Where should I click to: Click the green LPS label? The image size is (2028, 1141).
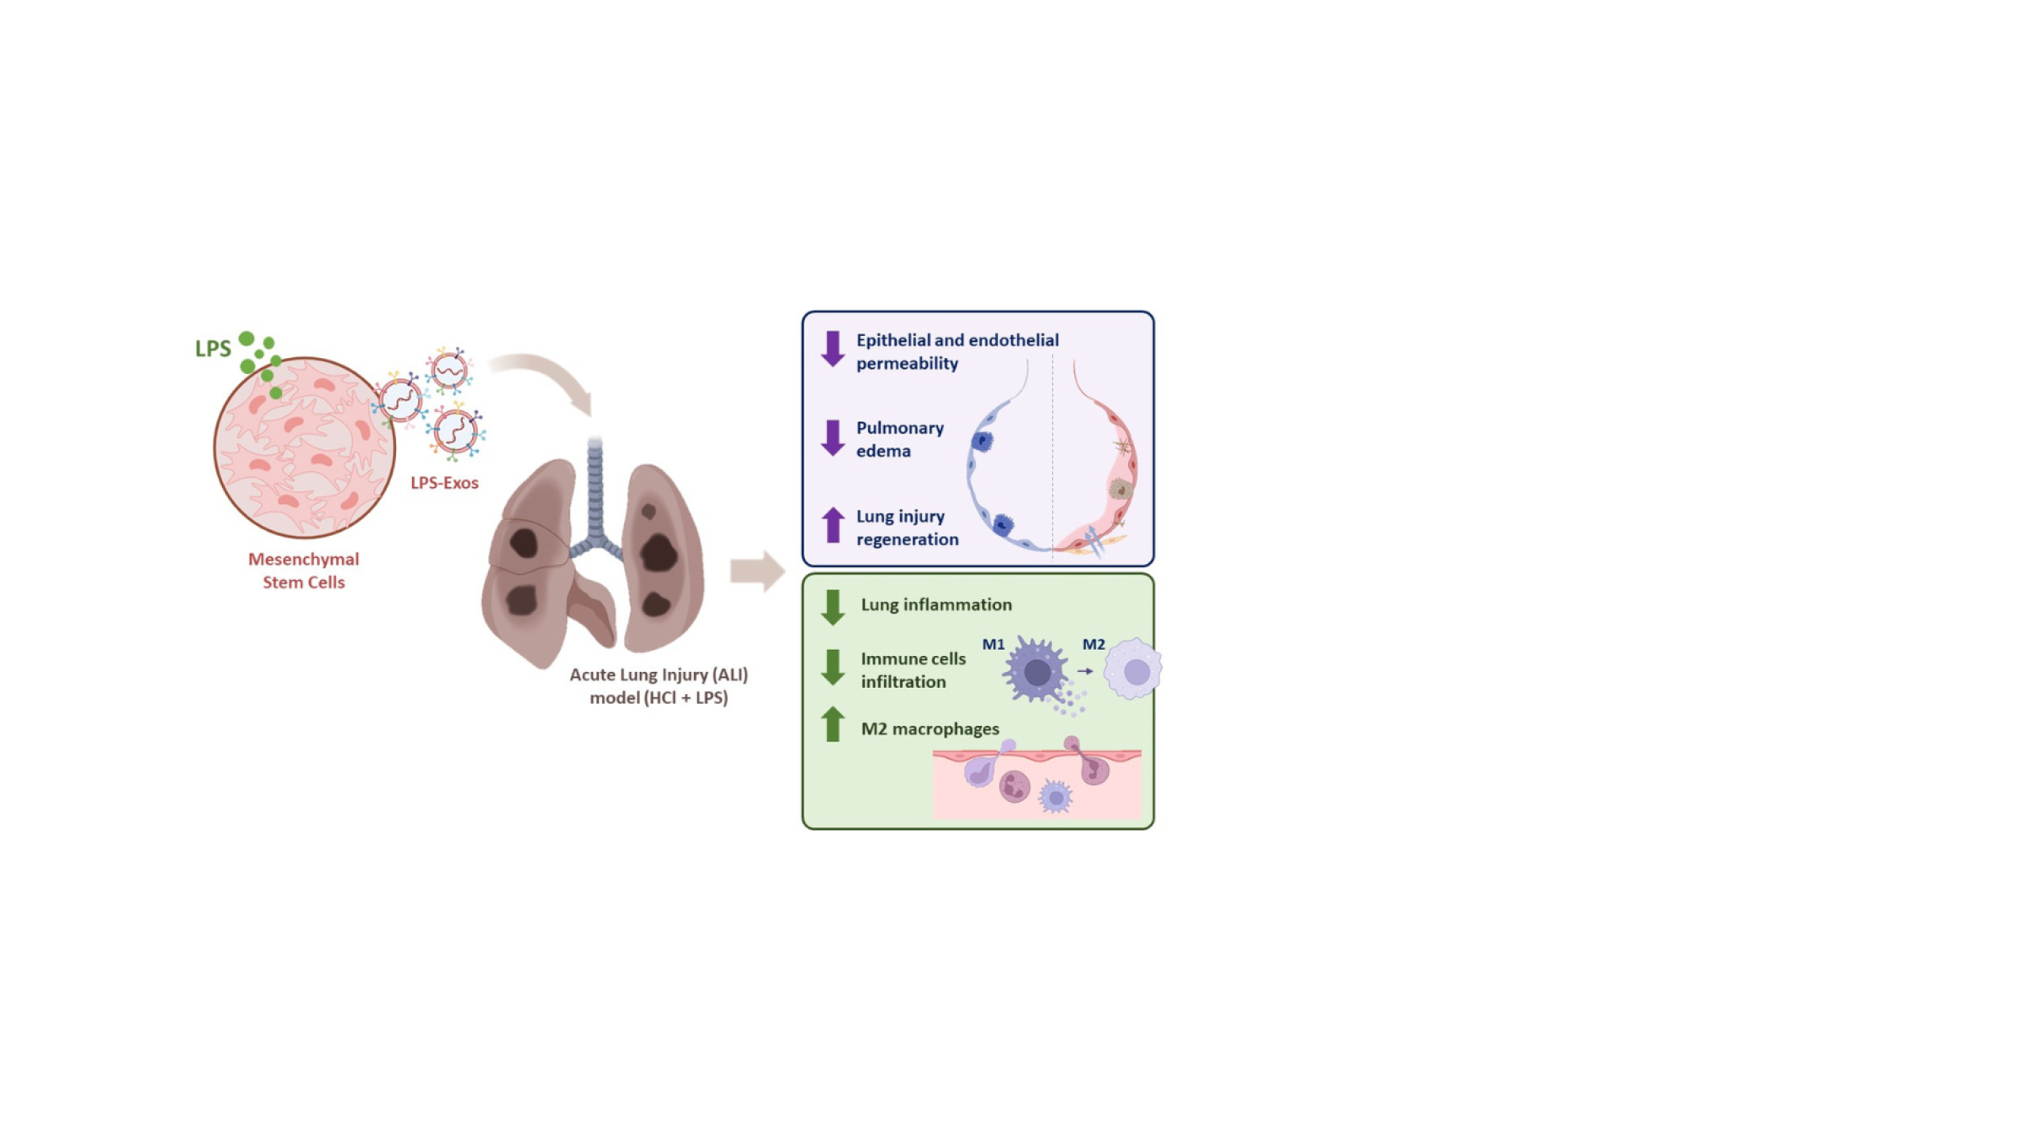pyautogui.click(x=213, y=349)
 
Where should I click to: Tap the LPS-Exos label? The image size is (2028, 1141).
pyautogui.click(x=444, y=483)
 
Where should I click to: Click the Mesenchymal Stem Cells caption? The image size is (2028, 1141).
pyautogui.click(x=303, y=570)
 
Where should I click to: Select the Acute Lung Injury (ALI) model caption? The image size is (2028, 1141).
pyautogui.click(x=658, y=686)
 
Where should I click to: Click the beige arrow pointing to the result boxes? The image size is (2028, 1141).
pyautogui.click(x=757, y=570)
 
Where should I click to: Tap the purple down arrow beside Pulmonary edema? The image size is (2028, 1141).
pyautogui.click(x=833, y=438)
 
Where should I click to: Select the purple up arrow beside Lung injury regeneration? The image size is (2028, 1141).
pyautogui.click(x=833, y=525)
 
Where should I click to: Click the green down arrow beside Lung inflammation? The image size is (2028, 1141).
pyautogui.click(x=833, y=608)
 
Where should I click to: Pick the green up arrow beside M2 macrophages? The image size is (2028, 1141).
pyautogui.click(x=833, y=724)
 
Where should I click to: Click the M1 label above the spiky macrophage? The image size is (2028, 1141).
pyautogui.click(x=993, y=644)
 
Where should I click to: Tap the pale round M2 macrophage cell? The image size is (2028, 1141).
pyautogui.click(x=1133, y=669)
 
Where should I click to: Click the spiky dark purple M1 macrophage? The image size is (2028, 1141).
pyautogui.click(x=1036, y=671)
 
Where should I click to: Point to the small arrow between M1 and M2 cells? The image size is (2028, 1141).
pyautogui.click(x=1085, y=671)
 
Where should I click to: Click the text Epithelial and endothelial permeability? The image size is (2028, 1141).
pyautogui.click(x=957, y=352)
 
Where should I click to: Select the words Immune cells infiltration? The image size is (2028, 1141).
pyautogui.click(x=913, y=670)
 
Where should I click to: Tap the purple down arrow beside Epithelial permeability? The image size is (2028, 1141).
pyautogui.click(x=833, y=349)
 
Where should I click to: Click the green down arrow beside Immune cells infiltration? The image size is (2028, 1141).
pyautogui.click(x=833, y=667)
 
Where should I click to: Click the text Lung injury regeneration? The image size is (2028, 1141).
pyautogui.click(x=907, y=528)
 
